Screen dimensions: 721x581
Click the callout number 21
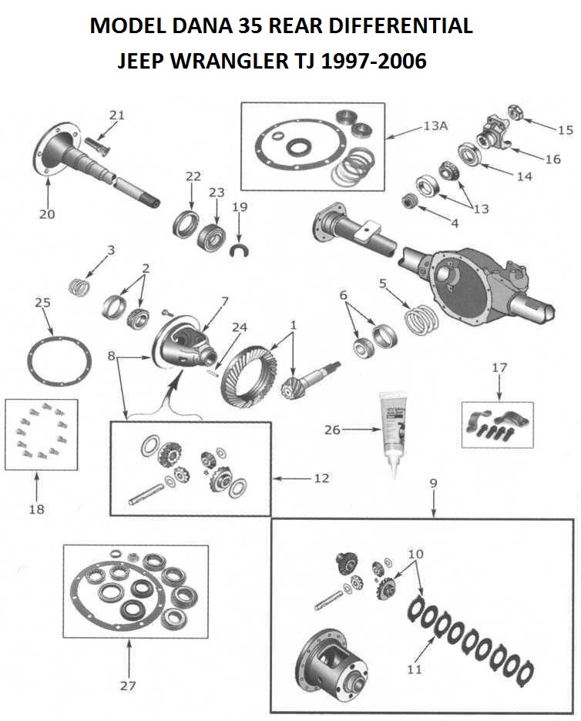point(116,116)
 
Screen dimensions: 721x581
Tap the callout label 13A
point(435,126)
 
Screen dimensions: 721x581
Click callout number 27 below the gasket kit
point(128,685)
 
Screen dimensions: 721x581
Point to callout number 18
point(37,509)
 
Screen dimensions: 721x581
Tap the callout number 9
point(434,483)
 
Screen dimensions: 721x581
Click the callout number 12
point(321,478)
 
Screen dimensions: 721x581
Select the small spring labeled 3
point(80,287)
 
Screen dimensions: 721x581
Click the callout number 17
point(499,368)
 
